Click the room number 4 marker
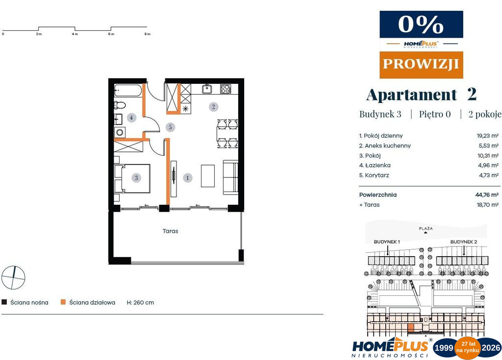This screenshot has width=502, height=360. click(x=131, y=118)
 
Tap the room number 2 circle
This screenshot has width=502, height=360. click(x=214, y=107)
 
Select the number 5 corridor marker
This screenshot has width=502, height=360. click(x=170, y=127)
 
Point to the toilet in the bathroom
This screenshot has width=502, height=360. click(x=120, y=105)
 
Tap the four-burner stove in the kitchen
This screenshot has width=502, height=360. click(x=226, y=89)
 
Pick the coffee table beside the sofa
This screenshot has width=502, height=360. click(x=208, y=176)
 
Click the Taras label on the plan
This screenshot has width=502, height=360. click(x=170, y=231)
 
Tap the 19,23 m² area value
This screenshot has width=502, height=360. click(x=488, y=136)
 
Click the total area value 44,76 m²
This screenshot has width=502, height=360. click(x=487, y=194)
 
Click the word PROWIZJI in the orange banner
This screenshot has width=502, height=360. click(x=421, y=64)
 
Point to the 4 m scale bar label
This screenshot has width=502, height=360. click(x=75, y=34)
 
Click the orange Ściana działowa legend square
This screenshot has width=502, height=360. click(x=63, y=302)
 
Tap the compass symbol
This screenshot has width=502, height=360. click(x=13, y=277)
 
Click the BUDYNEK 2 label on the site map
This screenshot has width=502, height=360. click(x=464, y=242)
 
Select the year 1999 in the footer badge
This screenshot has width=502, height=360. click(x=443, y=348)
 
